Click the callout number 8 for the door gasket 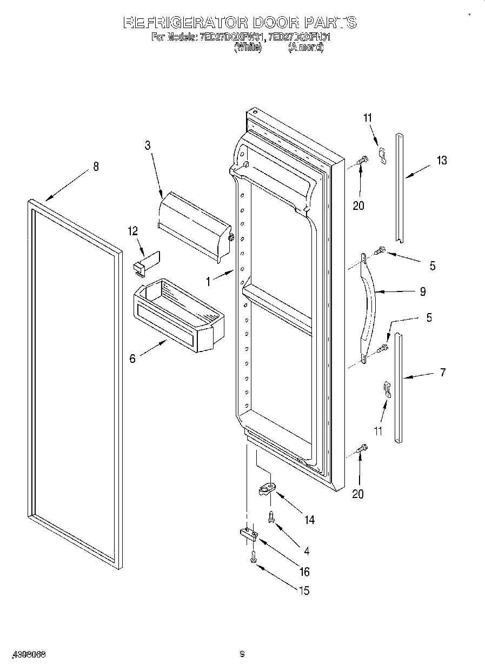click(96, 167)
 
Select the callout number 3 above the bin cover click(147, 145)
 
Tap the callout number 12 click(133, 231)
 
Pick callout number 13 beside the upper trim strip click(442, 160)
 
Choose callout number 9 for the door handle click(422, 291)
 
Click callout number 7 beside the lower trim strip click(443, 372)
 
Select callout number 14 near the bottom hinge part click(309, 520)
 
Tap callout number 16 click(304, 572)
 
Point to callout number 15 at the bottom click(304, 591)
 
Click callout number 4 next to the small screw click(307, 551)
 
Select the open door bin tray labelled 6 click(178, 314)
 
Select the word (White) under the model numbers click(248, 48)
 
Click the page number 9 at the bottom click(243, 654)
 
